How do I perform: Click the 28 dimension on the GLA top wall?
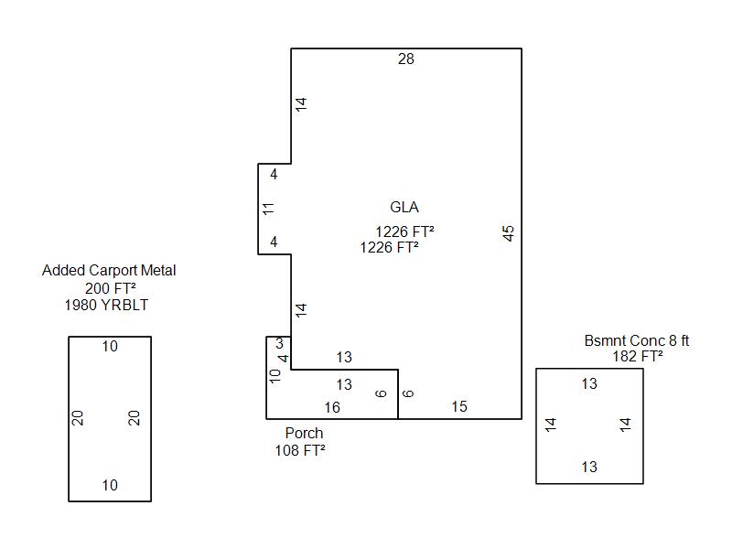click(406, 59)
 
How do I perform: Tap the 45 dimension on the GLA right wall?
click(510, 232)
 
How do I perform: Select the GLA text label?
click(404, 208)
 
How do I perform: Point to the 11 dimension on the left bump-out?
click(268, 209)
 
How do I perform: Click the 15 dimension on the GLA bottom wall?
click(459, 407)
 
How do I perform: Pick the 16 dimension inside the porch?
click(331, 407)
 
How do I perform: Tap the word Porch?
click(304, 433)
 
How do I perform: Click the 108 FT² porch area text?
click(300, 450)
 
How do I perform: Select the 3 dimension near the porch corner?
click(279, 344)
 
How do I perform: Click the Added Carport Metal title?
click(109, 271)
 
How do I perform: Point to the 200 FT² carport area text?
click(111, 288)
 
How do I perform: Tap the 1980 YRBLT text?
click(107, 306)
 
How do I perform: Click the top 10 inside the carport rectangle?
click(110, 347)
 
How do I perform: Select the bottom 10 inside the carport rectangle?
click(110, 486)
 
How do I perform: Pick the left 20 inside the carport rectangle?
click(79, 417)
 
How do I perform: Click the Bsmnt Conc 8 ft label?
click(637, 341)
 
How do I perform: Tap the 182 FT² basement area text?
click(638, 357)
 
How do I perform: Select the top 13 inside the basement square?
click(589, 384)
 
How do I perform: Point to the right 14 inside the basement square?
click(626, 425)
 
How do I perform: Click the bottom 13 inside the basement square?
click(589, 468)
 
